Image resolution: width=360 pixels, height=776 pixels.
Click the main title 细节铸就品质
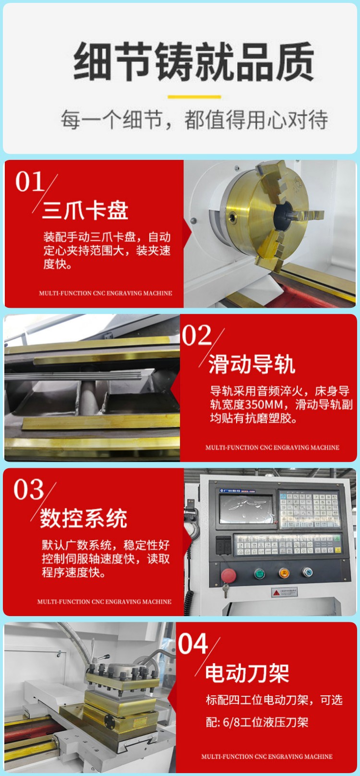(x=194, y=61)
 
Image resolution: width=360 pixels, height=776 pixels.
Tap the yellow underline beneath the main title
(x=194, y=97)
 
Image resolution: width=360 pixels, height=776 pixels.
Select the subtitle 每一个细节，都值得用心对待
(x=194, y=120)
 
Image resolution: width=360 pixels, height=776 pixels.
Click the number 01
(x=29, y=182)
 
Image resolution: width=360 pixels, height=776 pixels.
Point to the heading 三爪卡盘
(x=85, y=210)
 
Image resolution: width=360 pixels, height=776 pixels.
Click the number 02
(x=197, y=335)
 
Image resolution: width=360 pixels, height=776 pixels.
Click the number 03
(x=28, y=489)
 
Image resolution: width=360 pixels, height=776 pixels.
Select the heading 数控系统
(x=84, y=518)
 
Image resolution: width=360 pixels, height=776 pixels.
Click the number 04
(x=193, y=643)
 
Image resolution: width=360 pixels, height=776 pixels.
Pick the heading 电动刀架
(x=247, y=673)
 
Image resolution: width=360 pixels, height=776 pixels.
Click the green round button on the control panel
(x=259, y=573)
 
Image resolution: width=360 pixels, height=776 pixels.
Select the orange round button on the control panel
(x=284, y=573)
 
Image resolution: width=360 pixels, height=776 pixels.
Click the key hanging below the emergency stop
(x=226, y=590)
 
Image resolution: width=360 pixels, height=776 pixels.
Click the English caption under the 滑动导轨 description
(x=272, y=448)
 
